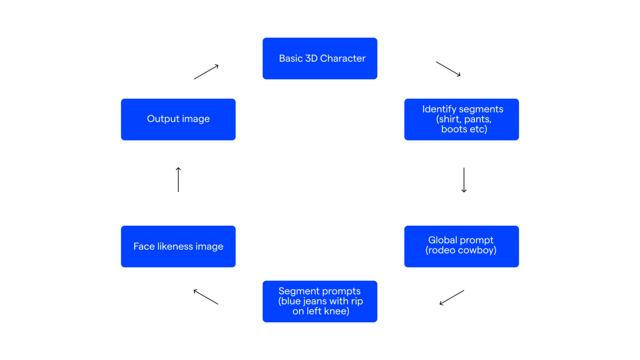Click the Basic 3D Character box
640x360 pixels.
coord(319,58)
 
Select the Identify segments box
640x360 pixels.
coord(461,119)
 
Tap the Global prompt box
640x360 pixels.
coord(461,246)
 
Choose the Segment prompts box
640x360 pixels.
coord(319,301)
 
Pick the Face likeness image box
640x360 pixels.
coord(178,246)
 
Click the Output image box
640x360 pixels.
coord(178,119)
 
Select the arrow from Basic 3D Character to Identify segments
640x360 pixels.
coord(448,69)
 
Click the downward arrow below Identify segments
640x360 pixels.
coord(464,180)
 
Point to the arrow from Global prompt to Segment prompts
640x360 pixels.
coord(452,298)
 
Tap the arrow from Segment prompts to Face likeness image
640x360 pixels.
coord(206,297)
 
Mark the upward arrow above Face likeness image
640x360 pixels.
coord(178,180)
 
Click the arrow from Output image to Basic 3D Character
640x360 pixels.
coord(206,72)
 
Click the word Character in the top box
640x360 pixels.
coord(343,59)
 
